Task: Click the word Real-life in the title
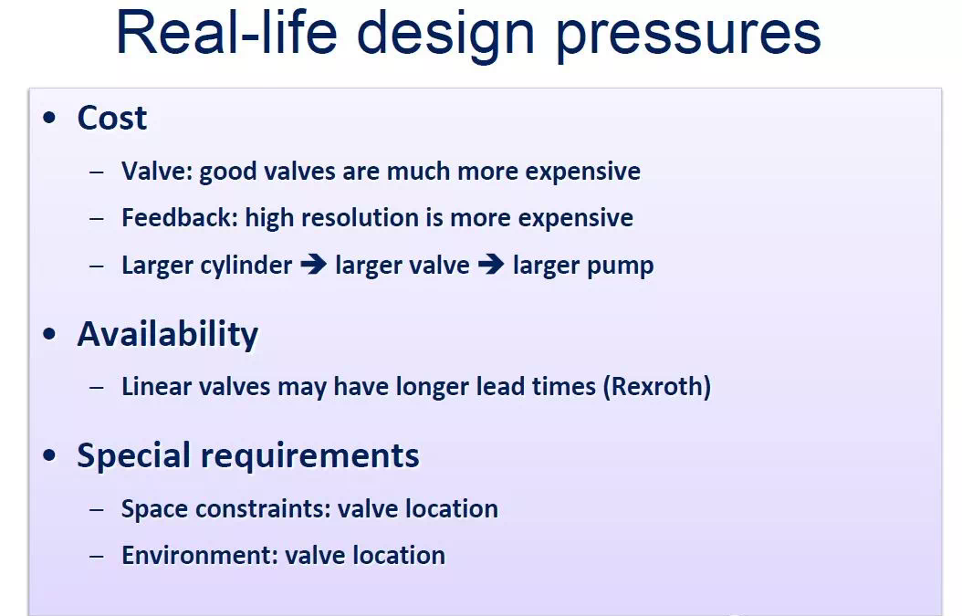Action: coord(226,33)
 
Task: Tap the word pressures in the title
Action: coord(688,37)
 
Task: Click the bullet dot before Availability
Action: coord(49,334)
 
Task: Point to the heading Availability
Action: coord(168,335)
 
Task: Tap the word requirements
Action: coord(309,456)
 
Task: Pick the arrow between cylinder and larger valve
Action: coord(313,265)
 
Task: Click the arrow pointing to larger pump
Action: coord(491,265)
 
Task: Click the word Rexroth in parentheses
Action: coord(657,387)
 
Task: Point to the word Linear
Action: coord(156,387)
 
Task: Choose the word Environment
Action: coord(200,555)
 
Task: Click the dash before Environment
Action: coord(97,557)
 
